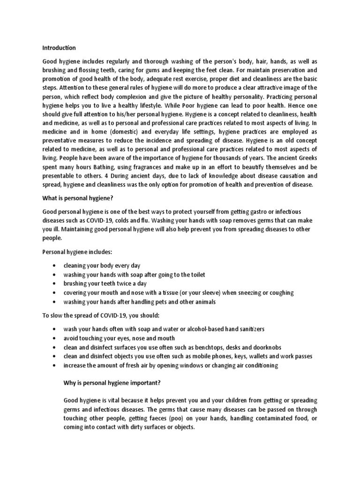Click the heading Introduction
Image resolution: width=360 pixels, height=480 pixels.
pyautogui.click(x=59, y=47)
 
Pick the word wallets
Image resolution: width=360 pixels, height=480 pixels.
pyautogui.click(x=253, y=356)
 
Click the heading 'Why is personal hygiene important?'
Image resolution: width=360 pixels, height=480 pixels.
pyautogui.click(x=112, y=382)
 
